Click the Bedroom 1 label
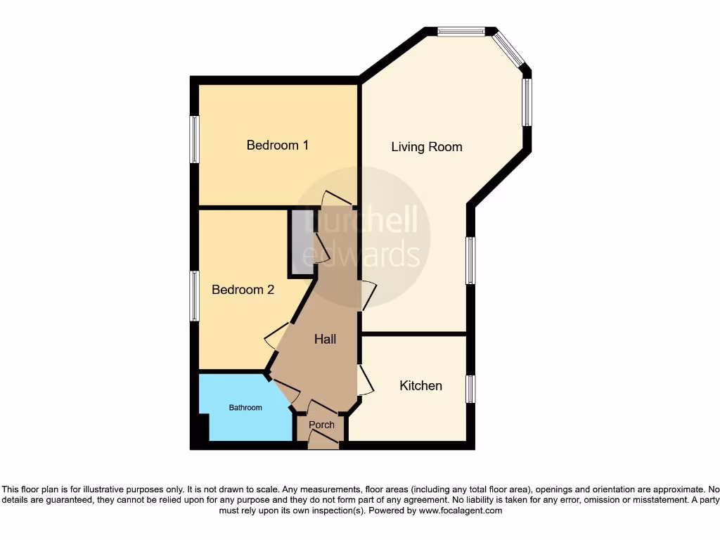(x=277, y=146)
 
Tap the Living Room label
(x=427, y=147)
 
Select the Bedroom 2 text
(x=243, y=290)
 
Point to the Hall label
(x=325, y=339)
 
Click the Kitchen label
(x=420, y=385)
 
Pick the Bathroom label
(x=245, y=408)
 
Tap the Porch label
(x=321, y=425)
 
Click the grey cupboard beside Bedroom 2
(x=301, y=241)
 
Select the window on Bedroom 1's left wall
(x=195, y=140)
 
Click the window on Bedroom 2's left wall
(x=195, y=296)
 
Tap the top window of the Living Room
(x=461, y=31)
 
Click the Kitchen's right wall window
(x=470, y=389)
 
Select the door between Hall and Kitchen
(x=364, y=380)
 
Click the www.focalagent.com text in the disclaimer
(x=461, y=510)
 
